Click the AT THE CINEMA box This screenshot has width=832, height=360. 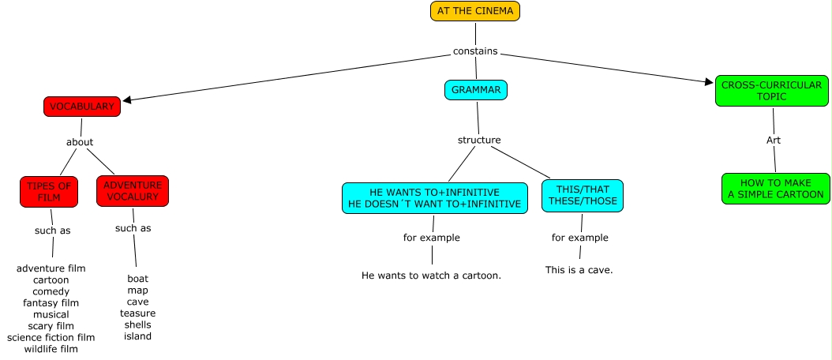click(x=475, y=11)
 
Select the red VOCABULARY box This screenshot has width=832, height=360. click(x=82, y=107)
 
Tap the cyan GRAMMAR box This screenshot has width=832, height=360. click(x=475, y=90)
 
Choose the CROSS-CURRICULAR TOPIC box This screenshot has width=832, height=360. click(x=772, y=91)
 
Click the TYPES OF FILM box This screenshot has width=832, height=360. click(x=49, y=191)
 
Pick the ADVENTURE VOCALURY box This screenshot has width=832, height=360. click(x=133, y=191)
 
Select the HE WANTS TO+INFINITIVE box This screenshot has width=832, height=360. click(x=434, y=198)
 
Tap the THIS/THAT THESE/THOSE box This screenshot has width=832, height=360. click(x=583, y=195)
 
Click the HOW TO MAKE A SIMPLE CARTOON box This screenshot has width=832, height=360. click(x=775, y=189)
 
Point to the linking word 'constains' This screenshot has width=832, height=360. click(x=475, y=51)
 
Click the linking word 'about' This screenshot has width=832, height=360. click(x=80, y=142)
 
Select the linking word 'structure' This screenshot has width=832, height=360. click(x=479, y=140)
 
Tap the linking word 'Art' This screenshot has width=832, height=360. click(x=774, y=140)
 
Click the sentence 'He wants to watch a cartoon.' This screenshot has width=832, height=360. click(x=431, y=276)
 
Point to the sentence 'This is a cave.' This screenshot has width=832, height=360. click(x=579, y=270)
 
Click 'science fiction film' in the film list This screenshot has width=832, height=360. click(x=51, y=338)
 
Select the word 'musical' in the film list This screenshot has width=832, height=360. click(x=51, y=314)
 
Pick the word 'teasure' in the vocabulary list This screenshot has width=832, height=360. click(x=137, y=313)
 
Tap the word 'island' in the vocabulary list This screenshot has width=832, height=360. click(x=137, y=336)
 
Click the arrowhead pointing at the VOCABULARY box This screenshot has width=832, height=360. click(x=126, y=99)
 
